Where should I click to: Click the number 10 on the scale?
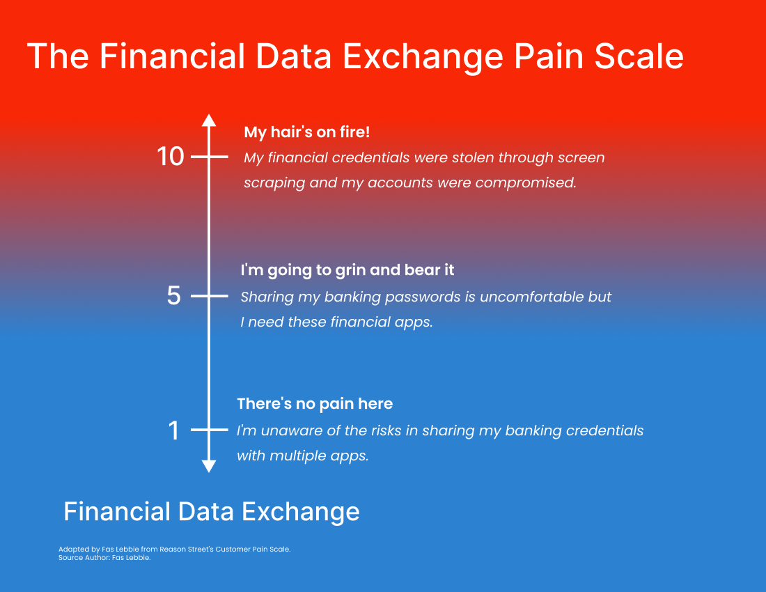[x=170, y=157]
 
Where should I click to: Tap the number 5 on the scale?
[x=174, y=295]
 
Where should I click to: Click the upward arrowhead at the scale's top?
[x=209, y=120]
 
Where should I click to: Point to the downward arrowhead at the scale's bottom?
[x=209, y=466]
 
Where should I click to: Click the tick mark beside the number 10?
[x=209, y=157]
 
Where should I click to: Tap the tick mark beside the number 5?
[x=209, y=296]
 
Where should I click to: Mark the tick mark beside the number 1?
[x=209, y=430]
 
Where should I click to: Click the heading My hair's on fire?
[x=307, y=132]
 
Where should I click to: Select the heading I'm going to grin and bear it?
[x=347, y=270]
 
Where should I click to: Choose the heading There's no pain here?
[x=315, y=404]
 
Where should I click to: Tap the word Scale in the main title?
[x=639, y=56]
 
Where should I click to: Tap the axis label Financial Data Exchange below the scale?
[x=212, y=512]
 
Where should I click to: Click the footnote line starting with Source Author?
[x=104, y=558]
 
